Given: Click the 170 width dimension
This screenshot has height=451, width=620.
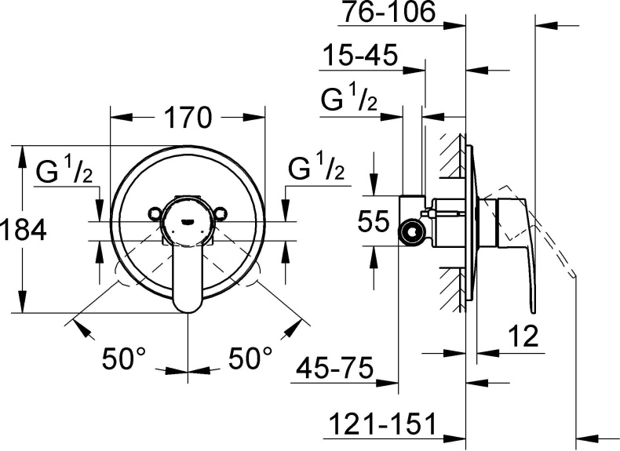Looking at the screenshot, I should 188,118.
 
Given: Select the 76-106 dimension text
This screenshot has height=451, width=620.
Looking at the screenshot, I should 390,13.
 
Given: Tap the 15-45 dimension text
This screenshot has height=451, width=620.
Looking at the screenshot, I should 360,57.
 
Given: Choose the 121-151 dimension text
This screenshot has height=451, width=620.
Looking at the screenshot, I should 380,424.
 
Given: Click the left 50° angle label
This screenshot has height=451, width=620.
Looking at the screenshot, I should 126,359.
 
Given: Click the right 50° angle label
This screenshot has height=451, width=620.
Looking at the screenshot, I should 250,359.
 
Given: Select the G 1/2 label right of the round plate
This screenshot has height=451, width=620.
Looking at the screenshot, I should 315,169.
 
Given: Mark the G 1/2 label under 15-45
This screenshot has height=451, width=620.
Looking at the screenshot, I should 350,101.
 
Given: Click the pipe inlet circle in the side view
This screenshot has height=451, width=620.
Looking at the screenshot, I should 409,231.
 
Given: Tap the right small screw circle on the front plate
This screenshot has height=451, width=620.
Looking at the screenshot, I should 222,212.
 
